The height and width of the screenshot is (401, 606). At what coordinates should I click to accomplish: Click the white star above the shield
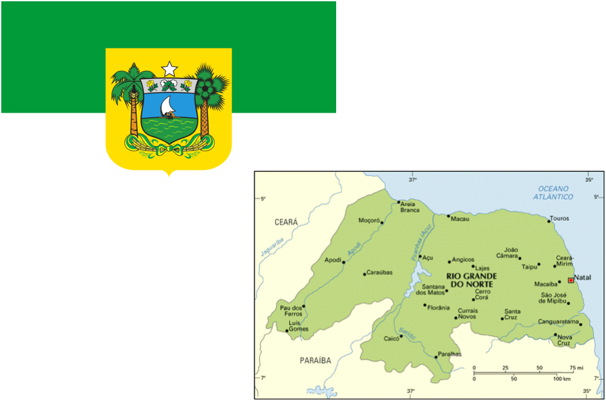tap(169, 68)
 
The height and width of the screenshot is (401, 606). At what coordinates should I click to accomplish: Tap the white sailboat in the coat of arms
tap(168, 107)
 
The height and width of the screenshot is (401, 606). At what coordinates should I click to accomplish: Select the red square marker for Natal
tap(571, 280)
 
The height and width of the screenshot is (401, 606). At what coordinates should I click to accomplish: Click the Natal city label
tap(582, 277)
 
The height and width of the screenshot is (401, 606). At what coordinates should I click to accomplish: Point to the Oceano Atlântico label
tap(556, 192)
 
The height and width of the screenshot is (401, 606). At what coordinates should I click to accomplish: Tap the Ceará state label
tap(287, 222)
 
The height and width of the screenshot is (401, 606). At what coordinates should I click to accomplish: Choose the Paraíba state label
tap(316, 360)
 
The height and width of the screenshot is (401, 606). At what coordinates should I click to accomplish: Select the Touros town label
tap(560, 218)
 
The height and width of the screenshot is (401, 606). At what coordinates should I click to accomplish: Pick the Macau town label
tap(460, 219)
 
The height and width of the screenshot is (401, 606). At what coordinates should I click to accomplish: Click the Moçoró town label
tap(369, 220)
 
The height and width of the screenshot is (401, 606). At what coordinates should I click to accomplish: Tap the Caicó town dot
tap(401, 336)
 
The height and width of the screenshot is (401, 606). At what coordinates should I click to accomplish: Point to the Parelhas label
tap(450, 354)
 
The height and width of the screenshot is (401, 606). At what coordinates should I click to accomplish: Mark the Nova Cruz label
tap(565, 340)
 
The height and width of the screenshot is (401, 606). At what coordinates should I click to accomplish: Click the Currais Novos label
tap(468, 313)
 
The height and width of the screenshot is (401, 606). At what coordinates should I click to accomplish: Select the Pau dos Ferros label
tap(291, 311)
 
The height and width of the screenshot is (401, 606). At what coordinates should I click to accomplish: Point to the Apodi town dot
tap(343, 262)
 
